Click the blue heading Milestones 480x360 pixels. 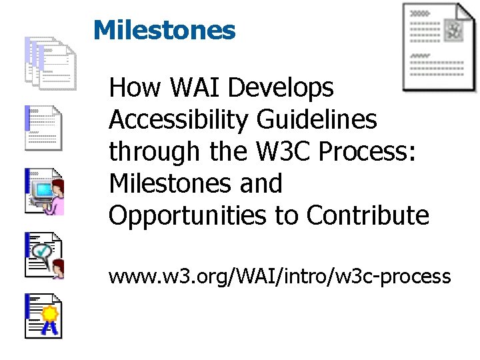pyautogui.click(x=164, y=30)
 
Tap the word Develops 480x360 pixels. pyautogui.click(x=289, y=88)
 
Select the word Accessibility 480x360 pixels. pyautogui.click(x=180, y=120)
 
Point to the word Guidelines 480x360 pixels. pyautogui.click(x=319, y=120)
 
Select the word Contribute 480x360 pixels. pyautogui.click(x=368, y=215)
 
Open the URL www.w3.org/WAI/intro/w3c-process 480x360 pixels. pyautogui.click(x=280, y=276)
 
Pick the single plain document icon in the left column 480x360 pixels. pyautogui.click(x=44, y=127)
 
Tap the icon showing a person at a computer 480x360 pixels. pyautogui.click(x=44, y=191)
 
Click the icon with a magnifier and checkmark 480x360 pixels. pyautogui.click(x=44, y=255)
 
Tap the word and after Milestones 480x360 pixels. pyautogui.click(x=261, y=183)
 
